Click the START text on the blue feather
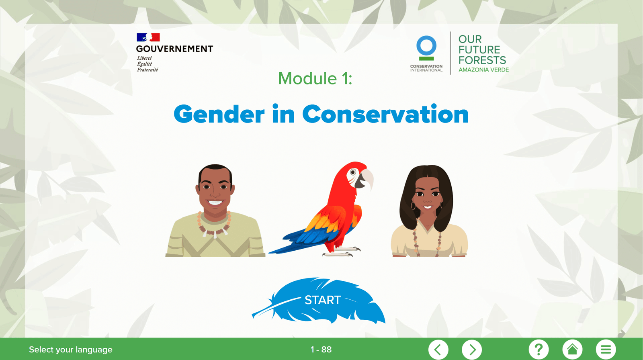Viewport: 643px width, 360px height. (x=323, y=300)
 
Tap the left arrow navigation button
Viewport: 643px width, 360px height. (x=438, y=350)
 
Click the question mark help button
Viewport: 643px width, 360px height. (x=539, y=350)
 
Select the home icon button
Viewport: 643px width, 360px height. (x=572, y=350)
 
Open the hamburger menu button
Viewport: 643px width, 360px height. (x=606, y=350)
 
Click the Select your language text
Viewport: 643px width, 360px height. (x=71, y=350)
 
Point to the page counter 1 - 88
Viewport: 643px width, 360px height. (x=321, y=350)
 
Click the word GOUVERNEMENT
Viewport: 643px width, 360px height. (x=174, y=49)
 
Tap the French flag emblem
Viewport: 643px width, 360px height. (x=148, y=37)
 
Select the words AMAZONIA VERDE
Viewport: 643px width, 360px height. (x=484, y=70)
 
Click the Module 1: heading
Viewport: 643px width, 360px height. (x=315, y=78)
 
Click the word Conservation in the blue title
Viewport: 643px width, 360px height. (x=385, y=114)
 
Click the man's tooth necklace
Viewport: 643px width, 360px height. (x=214, y=225)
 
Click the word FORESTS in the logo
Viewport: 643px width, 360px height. (x=482, y=60)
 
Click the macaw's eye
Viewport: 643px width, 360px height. (x=353, y=172)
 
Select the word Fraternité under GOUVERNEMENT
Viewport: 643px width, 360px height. (x=147, y=70)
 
